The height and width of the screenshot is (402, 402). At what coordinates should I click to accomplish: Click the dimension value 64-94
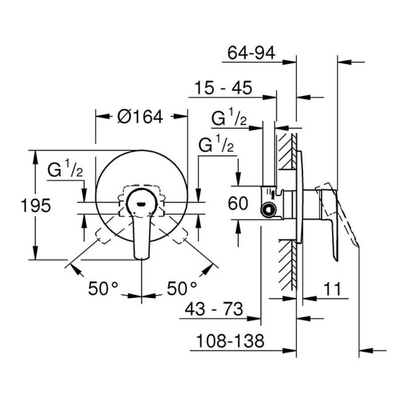[x=251, y=53]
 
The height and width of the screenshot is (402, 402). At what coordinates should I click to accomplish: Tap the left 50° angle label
[x=103, y=288]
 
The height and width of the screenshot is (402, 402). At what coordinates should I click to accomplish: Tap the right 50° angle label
[x=182, y=288]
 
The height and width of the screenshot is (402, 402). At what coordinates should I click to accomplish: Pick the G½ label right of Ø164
[x=217, y=146]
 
